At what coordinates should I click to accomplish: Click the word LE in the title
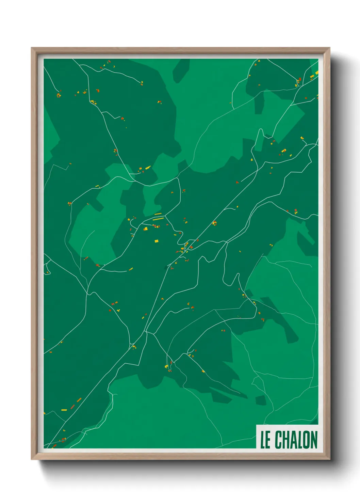point(265,440)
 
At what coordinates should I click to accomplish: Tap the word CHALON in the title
point(296,440)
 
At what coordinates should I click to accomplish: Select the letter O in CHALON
point(305,440)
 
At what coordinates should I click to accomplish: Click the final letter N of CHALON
point(313,440)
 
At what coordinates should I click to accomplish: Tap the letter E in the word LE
point(268,440)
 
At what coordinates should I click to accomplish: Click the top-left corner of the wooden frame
point(32,48)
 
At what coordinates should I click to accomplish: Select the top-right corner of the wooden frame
point(329,48)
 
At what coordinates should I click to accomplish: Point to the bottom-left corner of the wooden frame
point(32,459)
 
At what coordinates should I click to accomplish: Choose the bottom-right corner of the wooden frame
point(329,459)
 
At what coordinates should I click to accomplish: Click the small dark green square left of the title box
point(260,400)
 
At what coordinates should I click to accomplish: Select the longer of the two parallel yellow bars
point(158,219)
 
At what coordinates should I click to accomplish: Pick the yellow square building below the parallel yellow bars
point(157,241)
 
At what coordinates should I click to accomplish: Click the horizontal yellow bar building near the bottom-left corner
point(64,410)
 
